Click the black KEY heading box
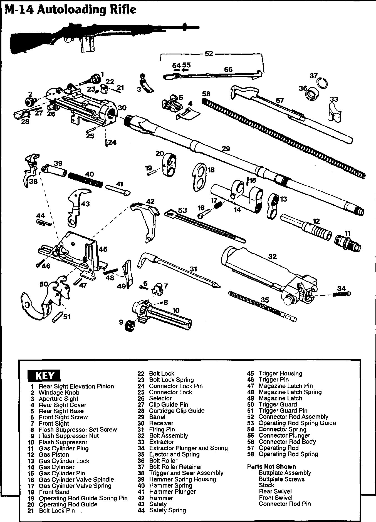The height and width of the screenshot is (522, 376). (x=44, y=376)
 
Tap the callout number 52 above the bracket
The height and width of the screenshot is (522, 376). (x=209, y=54)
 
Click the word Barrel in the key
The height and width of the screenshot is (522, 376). (x=157, y=417)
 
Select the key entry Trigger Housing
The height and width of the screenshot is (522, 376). (x=280, y=373)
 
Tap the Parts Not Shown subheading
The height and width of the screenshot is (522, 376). (x=271, y=466)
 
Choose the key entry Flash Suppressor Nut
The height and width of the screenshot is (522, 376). (x=68, y=436)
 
